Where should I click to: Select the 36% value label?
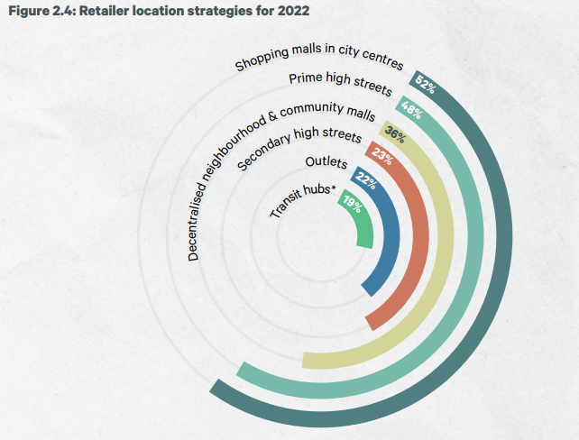point(394,136)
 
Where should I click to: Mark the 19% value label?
point(350,206)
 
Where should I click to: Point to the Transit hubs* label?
point(302,200)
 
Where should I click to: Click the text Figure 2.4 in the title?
point(38,11)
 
